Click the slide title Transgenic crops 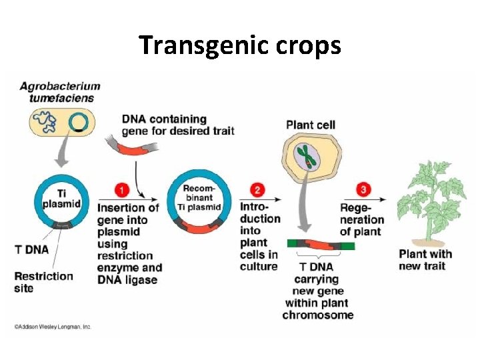pos(240,45)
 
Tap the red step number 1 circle pos(121,191)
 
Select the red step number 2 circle pos(260,189)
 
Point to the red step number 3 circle pos(362,189)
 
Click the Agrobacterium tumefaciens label pos(59,92)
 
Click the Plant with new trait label pos(425,259)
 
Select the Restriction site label pos(43,281)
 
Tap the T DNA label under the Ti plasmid pos(32,249)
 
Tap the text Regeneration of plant pos(361,220)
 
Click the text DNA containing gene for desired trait pos(177,125)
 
